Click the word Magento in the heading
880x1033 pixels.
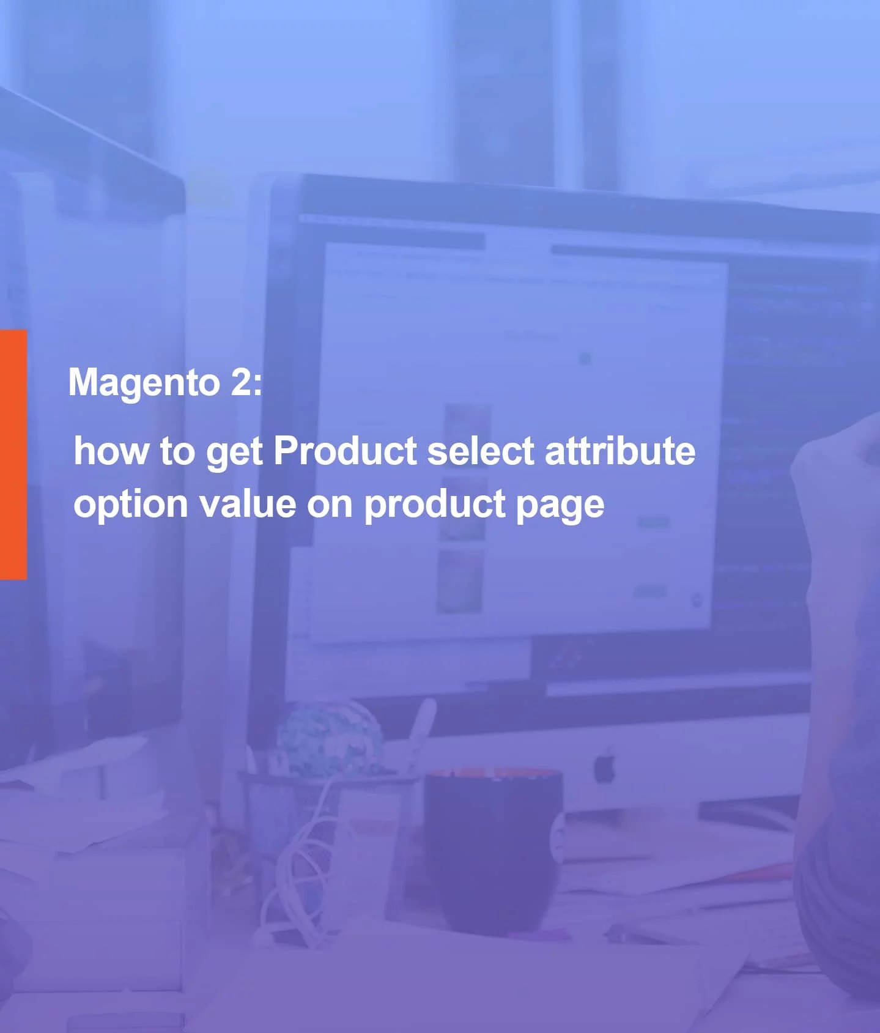pyautogui.click(x=144, y=383)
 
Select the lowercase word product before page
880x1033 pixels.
pyautogui.click(x=435, y=505)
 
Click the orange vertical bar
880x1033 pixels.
pyautogui.click(x=13, y=454)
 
